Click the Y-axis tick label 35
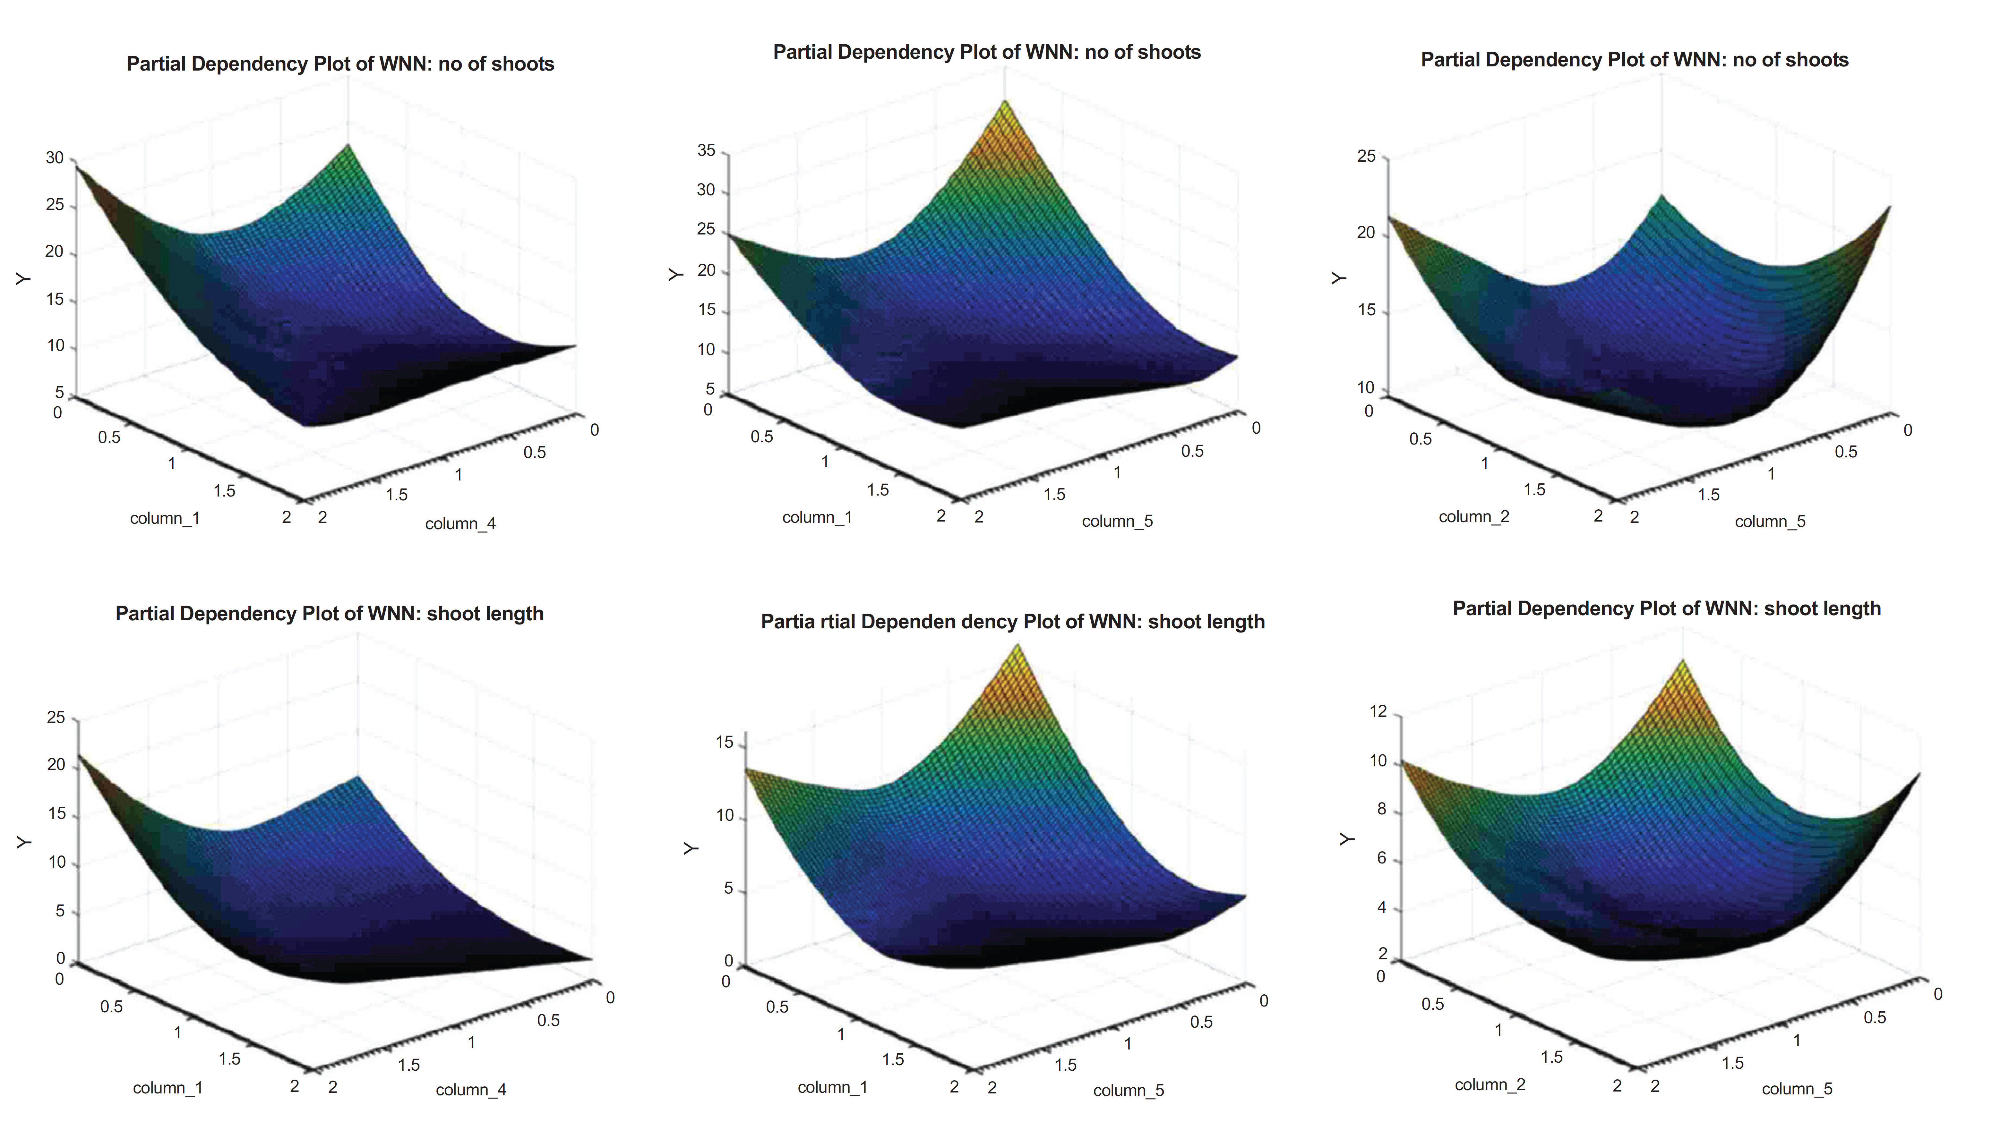(706, 150)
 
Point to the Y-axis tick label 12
(1378, 711)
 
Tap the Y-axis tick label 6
(1381, 858)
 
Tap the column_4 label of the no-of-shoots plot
(460, 524)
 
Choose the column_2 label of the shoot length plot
(1489, 1085)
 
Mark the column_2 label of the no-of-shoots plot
(1473, 517)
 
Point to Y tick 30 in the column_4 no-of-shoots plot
(54, 157)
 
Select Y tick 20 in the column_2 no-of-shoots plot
(1366, 233)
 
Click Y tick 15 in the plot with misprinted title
(724, 742)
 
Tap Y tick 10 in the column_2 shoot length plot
(1378, 761)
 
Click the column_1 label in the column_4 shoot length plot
(167, 1088)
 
